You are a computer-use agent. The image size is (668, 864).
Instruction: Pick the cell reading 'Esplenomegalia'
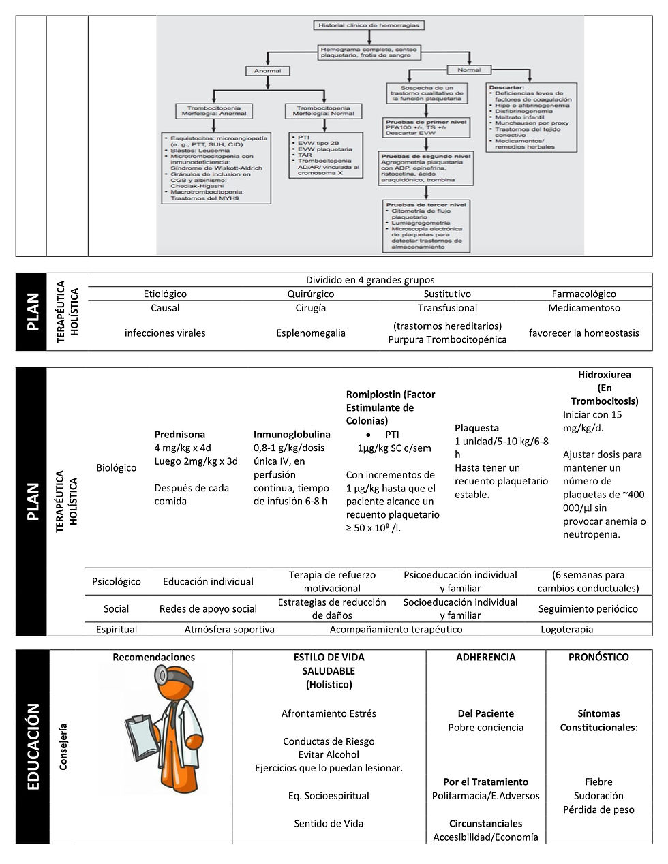(x=311, y=333)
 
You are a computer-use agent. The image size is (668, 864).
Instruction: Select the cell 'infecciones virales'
(x=165, y=333)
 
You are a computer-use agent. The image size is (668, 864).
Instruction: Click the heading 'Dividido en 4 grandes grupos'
(x=369, y=279)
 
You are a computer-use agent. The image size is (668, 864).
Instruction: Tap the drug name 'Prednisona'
(x=179, y=434)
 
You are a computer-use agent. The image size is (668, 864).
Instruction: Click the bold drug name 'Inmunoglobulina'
(x=292, y=434)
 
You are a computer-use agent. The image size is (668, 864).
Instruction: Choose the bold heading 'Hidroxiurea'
(x=604, y=374)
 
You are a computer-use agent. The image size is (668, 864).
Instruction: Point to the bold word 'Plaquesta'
(x=476, y=428)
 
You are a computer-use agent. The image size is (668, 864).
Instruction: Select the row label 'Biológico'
(x=116, y=467)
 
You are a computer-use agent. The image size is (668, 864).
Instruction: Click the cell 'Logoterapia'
(x=566, y=630)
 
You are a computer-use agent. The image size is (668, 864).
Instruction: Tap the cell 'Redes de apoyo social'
(x=208, y=608)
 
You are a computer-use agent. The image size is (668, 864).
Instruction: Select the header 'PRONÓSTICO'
(x=598, y=658)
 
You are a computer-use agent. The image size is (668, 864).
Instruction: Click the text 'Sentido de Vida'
(x=329, y=823)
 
